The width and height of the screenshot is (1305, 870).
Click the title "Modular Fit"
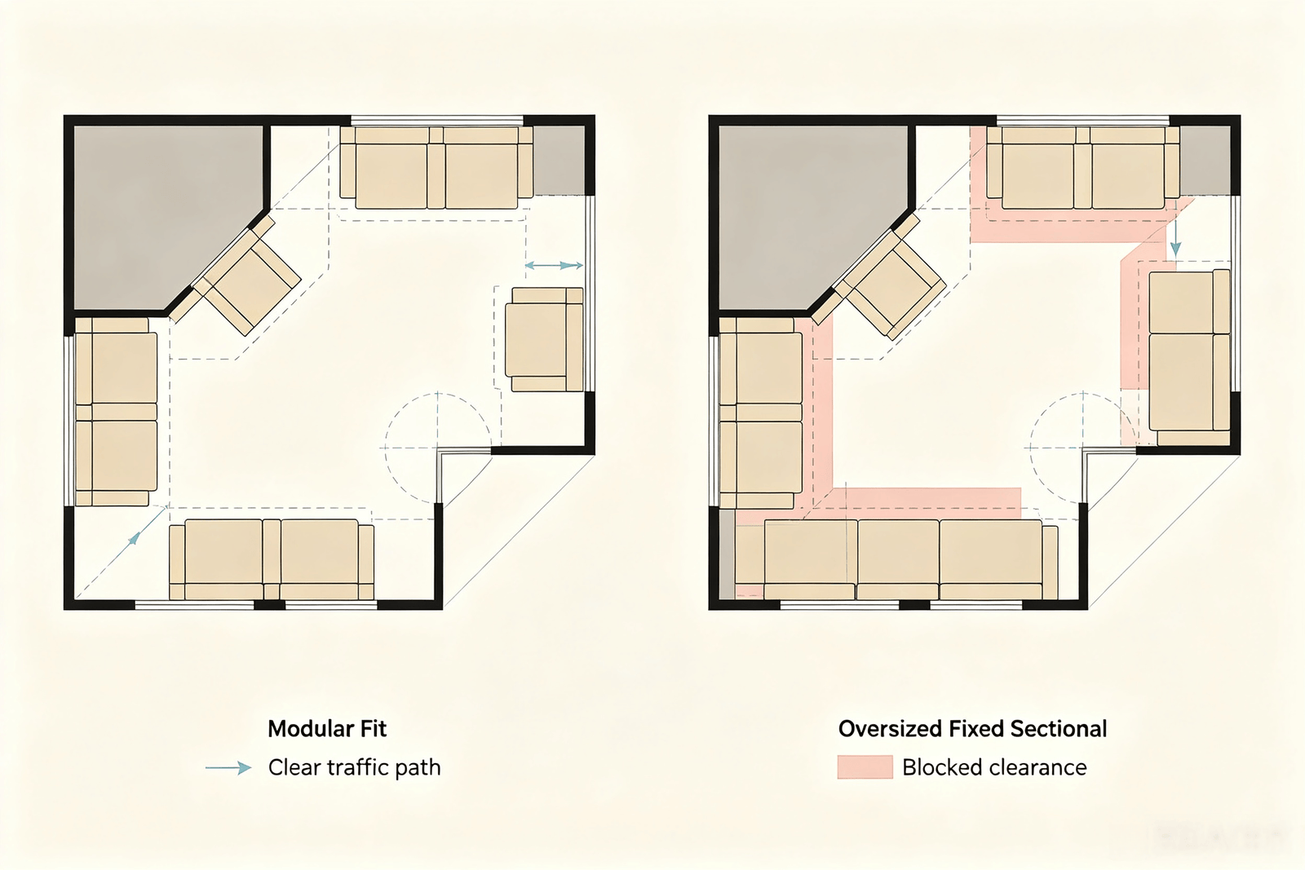point(327,729)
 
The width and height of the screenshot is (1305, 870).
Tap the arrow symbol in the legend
point(228,768)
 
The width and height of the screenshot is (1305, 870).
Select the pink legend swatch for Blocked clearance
point(865,767)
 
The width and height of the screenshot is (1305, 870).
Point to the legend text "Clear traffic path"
point(354,767)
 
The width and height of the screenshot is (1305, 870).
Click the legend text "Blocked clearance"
point(994,767)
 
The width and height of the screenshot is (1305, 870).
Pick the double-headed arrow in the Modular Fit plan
point(554,266)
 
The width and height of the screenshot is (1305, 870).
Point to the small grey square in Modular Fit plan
point(560,160)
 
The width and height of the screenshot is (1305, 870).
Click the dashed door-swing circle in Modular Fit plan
point(437,448)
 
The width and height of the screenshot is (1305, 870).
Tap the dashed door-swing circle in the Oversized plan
point(1082,448)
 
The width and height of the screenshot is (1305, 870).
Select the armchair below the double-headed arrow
point(544,339)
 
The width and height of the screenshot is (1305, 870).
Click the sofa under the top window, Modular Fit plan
point(436,168)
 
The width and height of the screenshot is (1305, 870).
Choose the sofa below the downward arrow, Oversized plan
point(1189,358)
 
